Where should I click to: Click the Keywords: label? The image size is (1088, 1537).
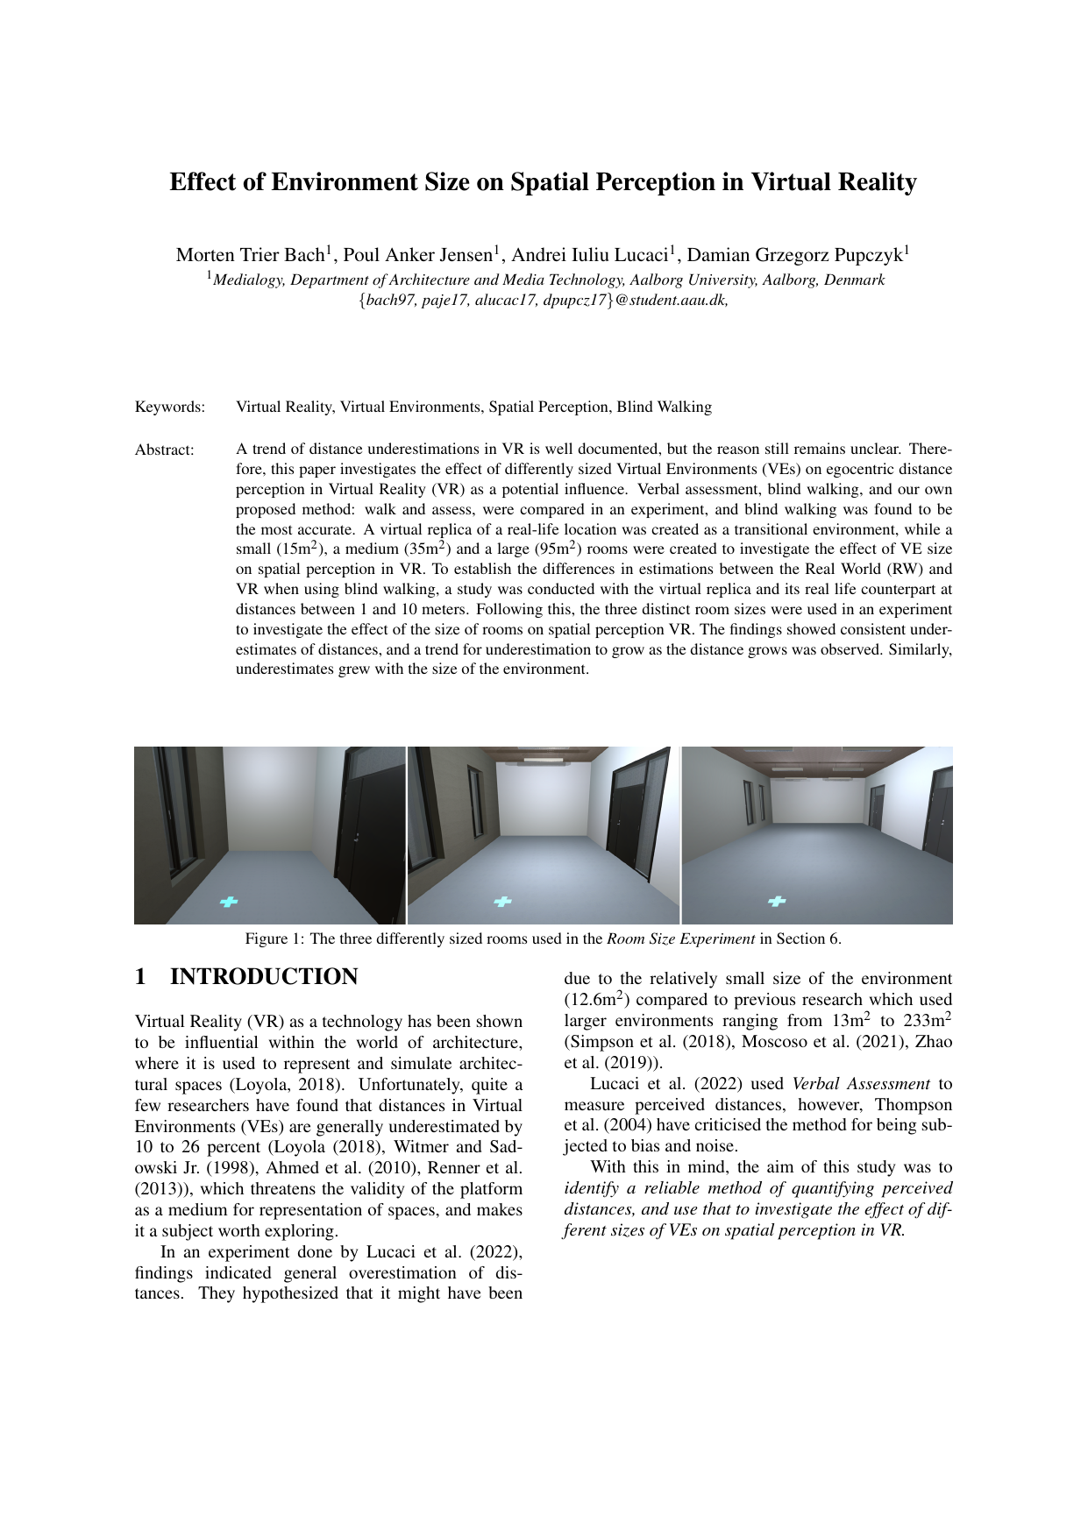coord(170,407)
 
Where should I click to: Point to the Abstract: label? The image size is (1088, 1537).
coord(164,450)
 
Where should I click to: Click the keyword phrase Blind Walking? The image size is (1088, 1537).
coord(664,407)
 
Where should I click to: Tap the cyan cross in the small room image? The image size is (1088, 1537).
coord(229,901)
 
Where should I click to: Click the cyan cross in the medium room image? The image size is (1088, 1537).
coord(502,901)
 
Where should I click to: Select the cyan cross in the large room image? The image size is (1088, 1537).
coord(777,901)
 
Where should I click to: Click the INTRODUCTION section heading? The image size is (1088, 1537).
coord(264,977)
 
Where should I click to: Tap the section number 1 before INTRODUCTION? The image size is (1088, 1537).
coord(140,977)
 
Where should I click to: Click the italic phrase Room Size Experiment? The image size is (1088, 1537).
coord(680,938)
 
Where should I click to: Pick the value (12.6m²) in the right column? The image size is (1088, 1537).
coord(595,999)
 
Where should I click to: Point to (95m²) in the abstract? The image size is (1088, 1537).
coord(557,549)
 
